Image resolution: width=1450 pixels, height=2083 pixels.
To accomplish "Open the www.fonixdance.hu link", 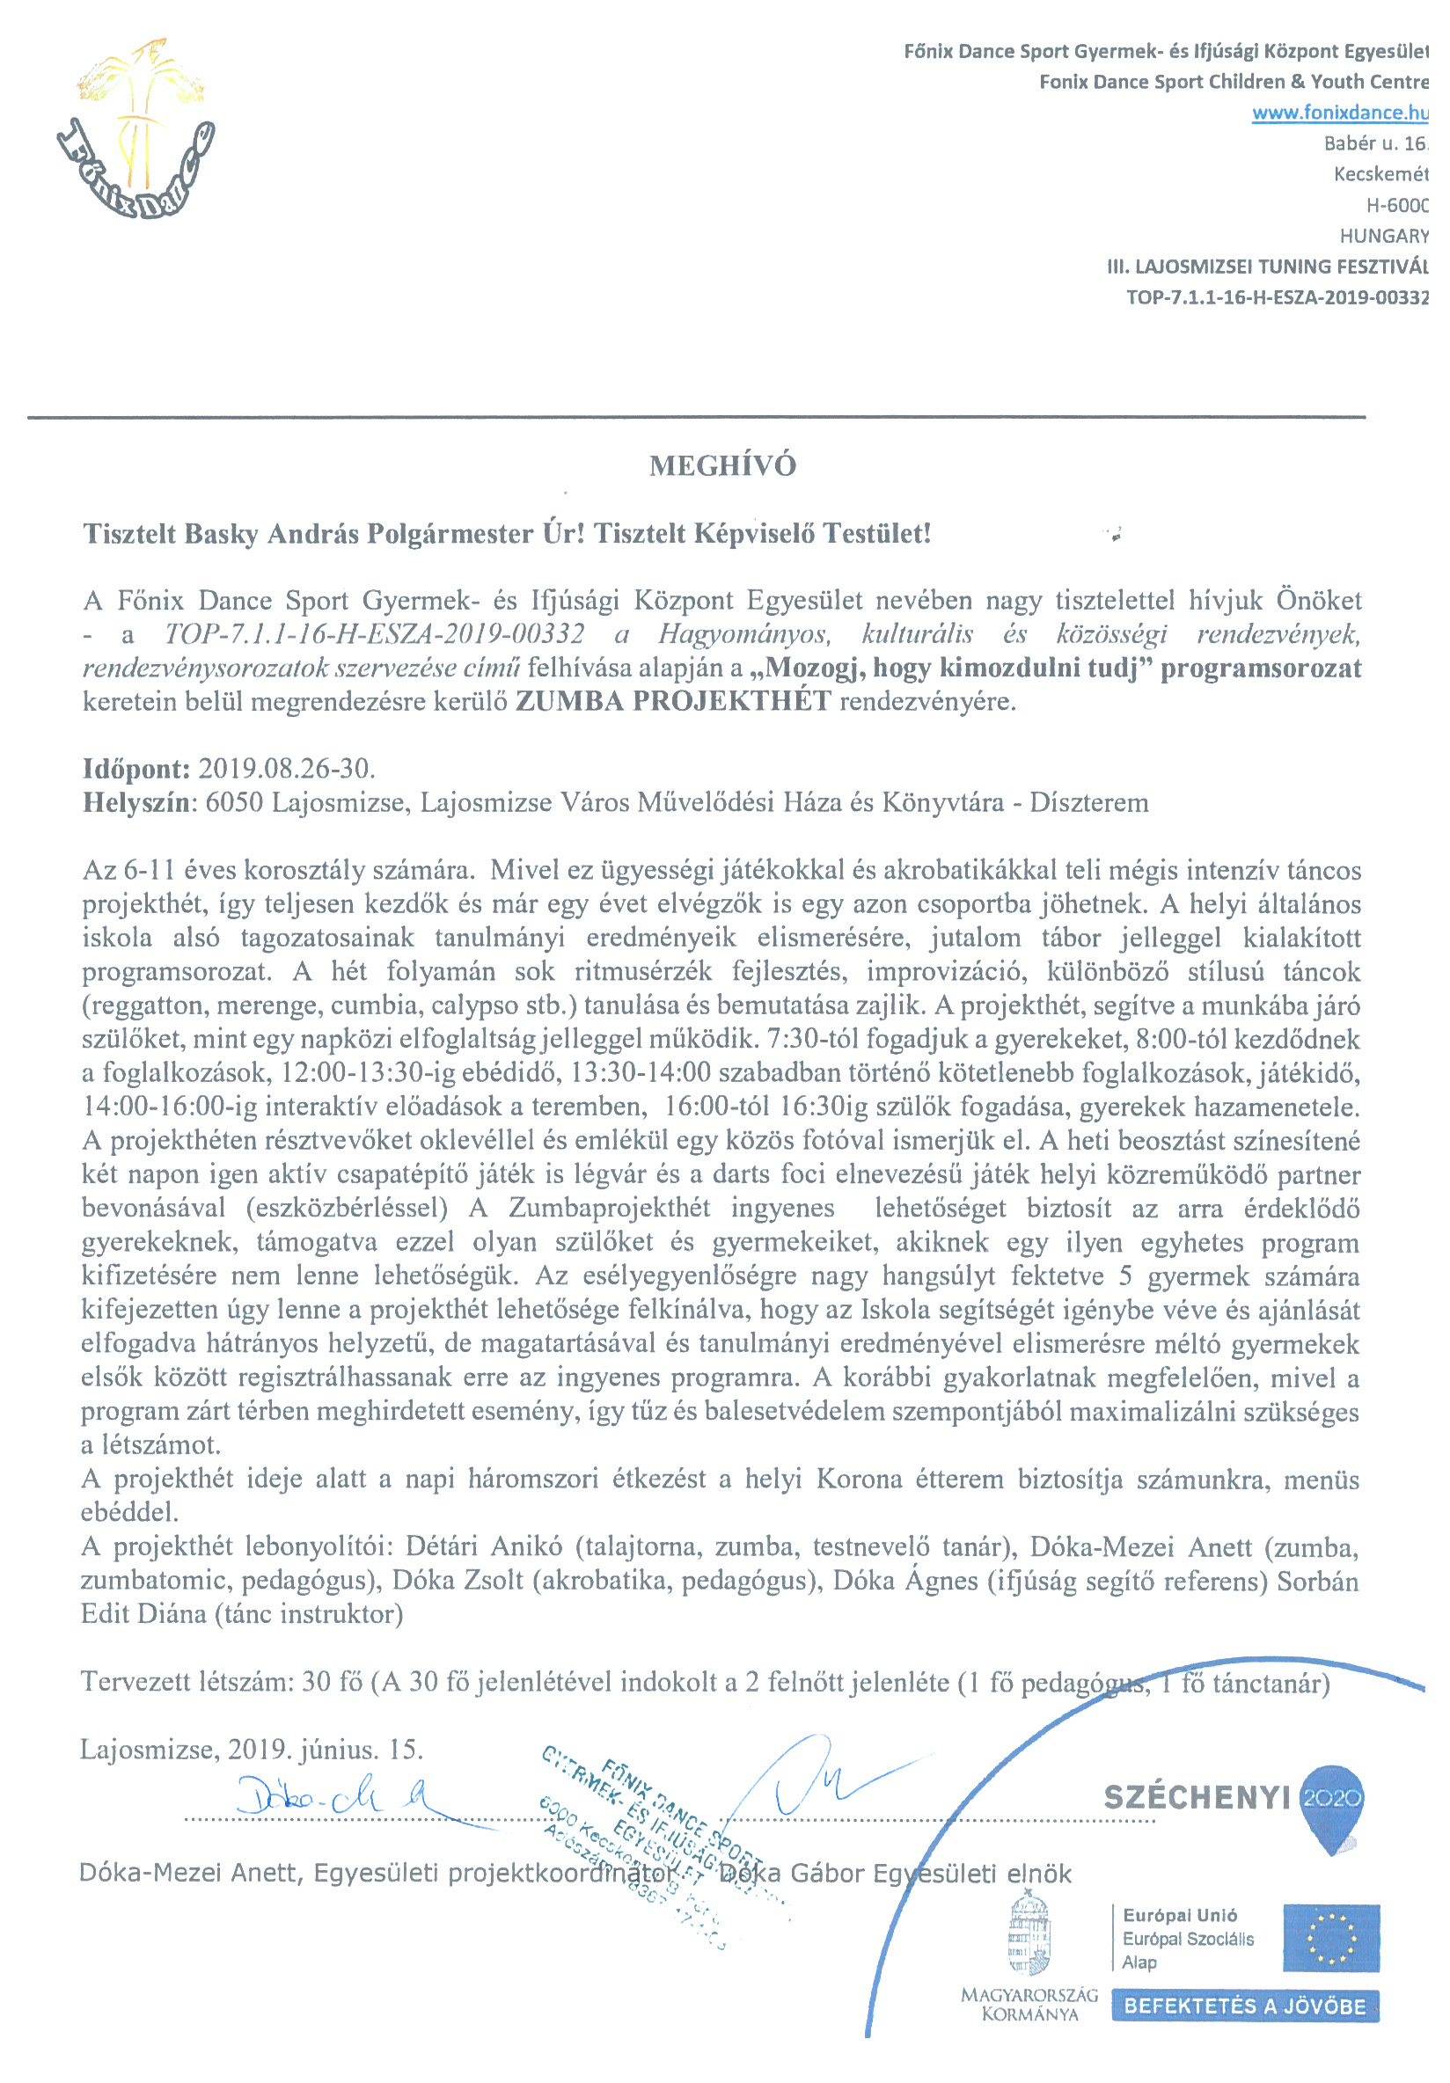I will click(1339, 113).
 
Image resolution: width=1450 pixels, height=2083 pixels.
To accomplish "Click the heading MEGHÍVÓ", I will click(722, 465).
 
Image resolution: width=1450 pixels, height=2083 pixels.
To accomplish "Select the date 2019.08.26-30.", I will click(287, 769).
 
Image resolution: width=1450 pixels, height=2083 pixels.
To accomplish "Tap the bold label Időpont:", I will click(136, 769).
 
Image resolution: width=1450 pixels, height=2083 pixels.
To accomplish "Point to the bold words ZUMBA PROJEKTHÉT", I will click(672, 701).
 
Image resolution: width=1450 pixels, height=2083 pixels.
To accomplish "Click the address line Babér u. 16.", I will click(1375, 143).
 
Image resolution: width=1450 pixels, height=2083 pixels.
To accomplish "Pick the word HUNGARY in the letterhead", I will click(1384, 236).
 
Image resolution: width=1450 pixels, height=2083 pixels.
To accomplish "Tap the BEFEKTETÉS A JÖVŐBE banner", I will click(1244, 2006).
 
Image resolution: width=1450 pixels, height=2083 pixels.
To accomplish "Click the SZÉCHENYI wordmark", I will click(1196, 1797).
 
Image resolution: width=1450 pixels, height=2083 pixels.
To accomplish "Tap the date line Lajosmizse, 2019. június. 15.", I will click(252, 1748).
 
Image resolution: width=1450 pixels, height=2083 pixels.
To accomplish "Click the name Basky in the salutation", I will click(222, 533).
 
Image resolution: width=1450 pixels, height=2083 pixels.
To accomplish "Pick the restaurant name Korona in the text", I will click(859, 1480).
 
